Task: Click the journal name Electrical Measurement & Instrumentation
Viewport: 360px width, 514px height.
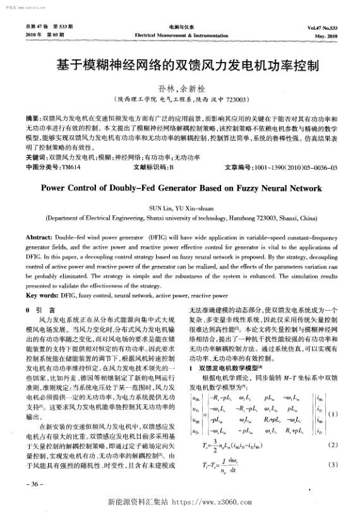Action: click(x=180, y=36)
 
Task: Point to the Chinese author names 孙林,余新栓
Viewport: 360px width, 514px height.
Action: click(x=179, y=89)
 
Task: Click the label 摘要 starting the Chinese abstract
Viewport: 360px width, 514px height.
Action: click(x=32, y=119)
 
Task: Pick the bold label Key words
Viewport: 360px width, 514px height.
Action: click(x=41, y=294)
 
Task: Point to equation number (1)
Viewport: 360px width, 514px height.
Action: click(x=333, y=414)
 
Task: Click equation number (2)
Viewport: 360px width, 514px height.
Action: click(x=333, y=445)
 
